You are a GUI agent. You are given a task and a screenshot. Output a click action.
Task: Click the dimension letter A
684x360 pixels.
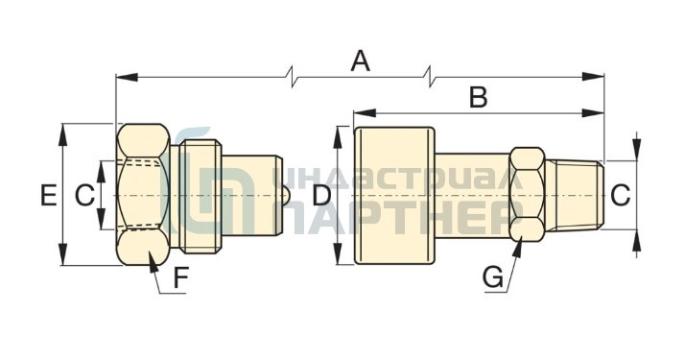point(361,61)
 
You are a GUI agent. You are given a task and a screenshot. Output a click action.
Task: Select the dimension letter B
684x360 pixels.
point(479,97)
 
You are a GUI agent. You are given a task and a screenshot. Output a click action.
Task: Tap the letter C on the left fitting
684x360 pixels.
point(84,195)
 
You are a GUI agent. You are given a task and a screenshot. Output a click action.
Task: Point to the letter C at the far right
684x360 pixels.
point(621,195)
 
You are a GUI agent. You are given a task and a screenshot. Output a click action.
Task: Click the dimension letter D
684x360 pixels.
point(322,195)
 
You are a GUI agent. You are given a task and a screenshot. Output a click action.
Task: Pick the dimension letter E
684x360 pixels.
point(48,195)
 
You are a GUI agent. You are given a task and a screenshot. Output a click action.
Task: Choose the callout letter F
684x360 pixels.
point(180,278)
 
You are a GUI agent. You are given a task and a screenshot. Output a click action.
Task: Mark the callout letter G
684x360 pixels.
point(493,277)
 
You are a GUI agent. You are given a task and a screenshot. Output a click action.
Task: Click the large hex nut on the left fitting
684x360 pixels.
point(143,195)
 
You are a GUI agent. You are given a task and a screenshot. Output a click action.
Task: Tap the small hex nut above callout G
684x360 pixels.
point(527,195)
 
